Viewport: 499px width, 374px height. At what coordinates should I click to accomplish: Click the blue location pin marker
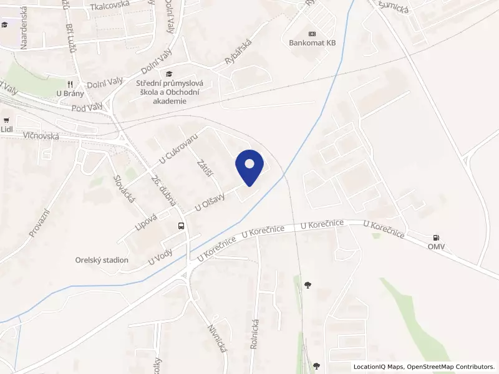pos(249,166)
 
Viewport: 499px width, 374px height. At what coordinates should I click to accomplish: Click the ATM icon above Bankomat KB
pos(312,34)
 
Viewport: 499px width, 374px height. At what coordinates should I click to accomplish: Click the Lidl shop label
pos(7,130)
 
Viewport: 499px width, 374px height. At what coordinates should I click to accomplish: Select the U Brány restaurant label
pos(70,94)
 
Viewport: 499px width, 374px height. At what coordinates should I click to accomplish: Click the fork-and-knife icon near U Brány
pos(70,84)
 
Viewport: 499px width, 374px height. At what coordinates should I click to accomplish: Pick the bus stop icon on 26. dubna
pos(181,226)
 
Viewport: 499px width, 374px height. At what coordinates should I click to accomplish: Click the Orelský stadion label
pos(102,260)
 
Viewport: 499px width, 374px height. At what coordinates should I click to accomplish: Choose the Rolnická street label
pos(254,333)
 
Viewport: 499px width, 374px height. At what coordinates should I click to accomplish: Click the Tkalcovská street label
pos(109,6)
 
